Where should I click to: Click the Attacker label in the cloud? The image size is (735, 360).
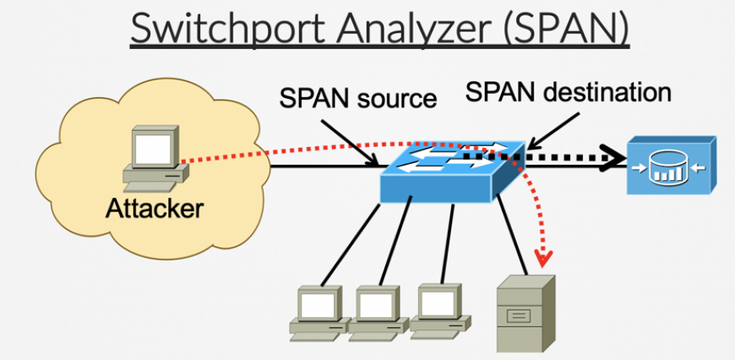click(x=154, y=207)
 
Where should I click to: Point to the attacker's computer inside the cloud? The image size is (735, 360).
click(x=152, y=161)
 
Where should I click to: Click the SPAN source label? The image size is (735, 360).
click(x=359, y=100)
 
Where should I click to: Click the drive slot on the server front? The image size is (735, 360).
click(x=519, y=318)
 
